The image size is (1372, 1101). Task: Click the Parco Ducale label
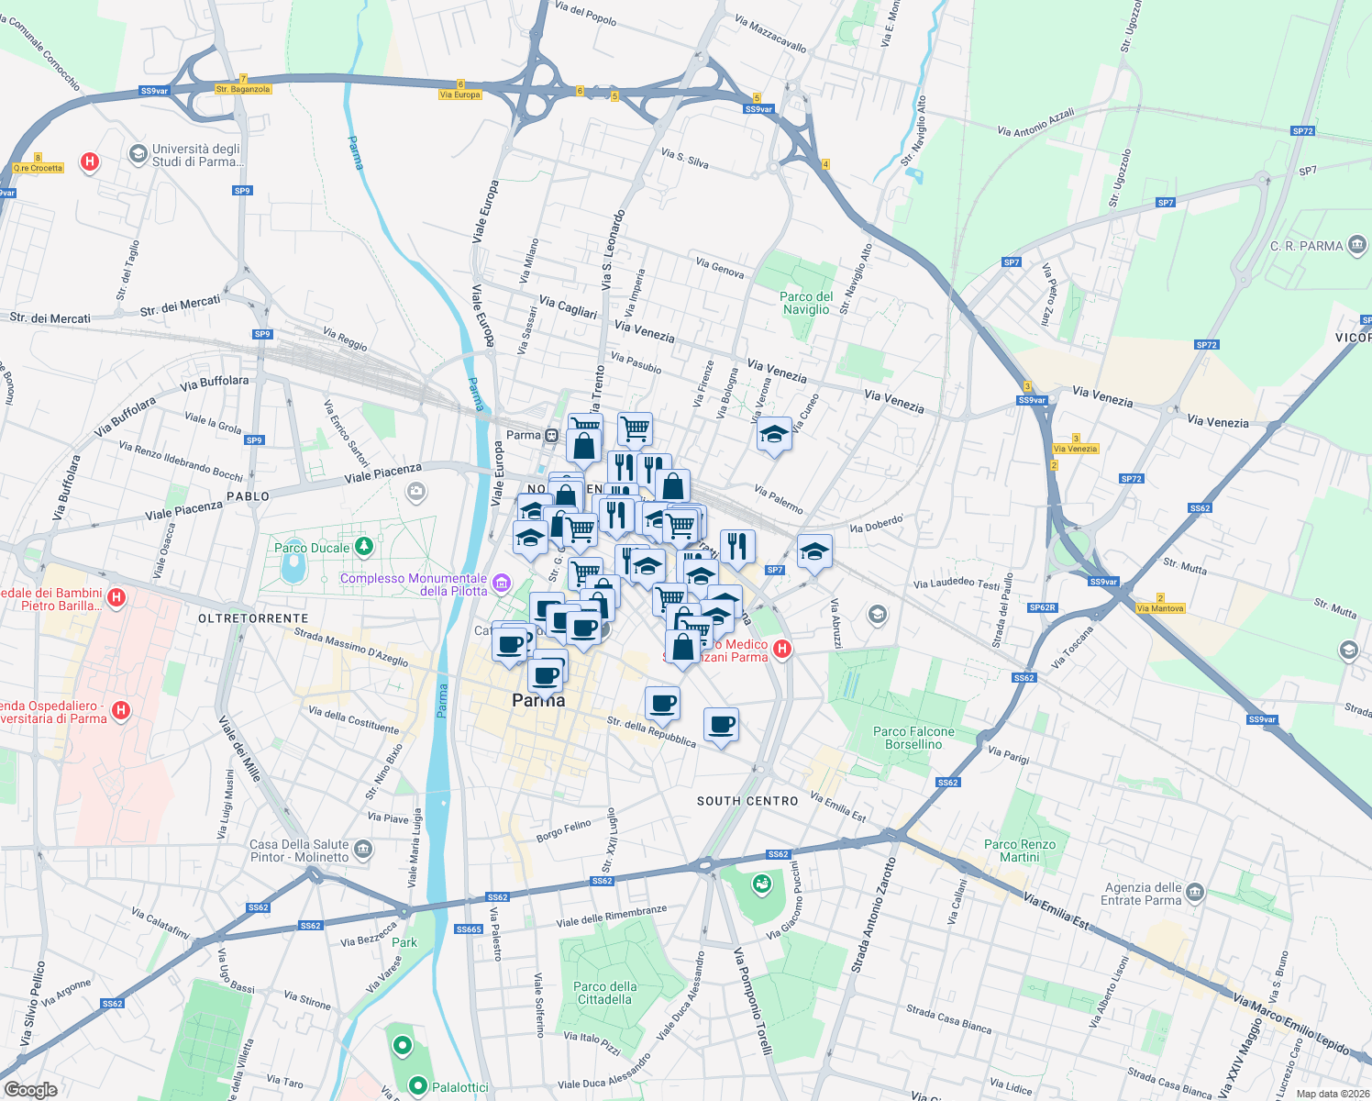[312, 548]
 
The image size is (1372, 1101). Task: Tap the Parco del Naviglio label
[806, 303]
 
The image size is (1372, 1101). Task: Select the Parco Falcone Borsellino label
[913, 738]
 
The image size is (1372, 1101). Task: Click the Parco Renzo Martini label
[1020, 851]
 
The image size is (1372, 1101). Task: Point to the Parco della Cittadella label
[604, 993]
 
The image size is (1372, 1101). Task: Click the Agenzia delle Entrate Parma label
[1142, 894]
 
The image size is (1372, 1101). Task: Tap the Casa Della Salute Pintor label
[300, 851]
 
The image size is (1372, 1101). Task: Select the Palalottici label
[459, 1087]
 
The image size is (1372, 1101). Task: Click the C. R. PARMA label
[1306, 246]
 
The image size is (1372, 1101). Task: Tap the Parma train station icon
[550, 436]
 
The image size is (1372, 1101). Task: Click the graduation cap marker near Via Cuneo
[774, 434]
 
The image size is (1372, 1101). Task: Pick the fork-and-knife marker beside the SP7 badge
[737, 546]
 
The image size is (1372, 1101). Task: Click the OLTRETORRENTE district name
[253, 618]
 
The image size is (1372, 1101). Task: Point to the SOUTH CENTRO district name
[747, 801]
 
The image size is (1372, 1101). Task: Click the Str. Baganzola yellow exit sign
[243, 89]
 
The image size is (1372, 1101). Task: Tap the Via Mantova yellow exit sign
[1160, 608]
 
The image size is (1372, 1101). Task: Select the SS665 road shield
[469, 929]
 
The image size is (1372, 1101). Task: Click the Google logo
[30, 1089]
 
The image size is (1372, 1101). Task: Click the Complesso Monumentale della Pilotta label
[414, 584]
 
